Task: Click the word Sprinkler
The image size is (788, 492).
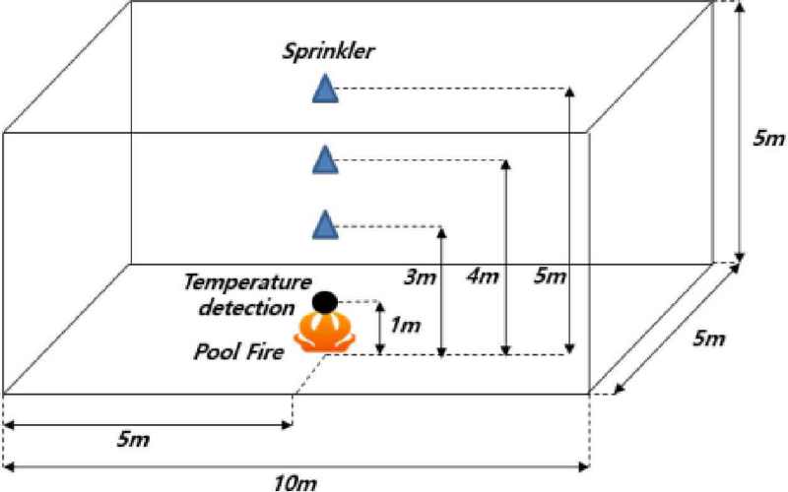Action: pyautogui.click(x=328, y=52)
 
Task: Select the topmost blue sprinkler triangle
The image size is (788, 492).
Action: pyautogui.click(x=325, y=89)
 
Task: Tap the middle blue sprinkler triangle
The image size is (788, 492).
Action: pyautogui.click(x=325, y=160)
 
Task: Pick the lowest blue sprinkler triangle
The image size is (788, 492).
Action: pyautogui.click(x=325, y=224)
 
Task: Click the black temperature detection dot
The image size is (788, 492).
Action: pyautogui.click(x=325, y=302)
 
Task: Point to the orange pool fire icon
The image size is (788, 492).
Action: pyautogui.click(x=325, y=333)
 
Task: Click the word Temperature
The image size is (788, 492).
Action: pyautogui.click(x=247, y=282)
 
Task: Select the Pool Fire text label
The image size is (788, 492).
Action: pyautogui.click(x=238, y=351)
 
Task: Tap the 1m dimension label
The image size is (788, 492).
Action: pyautogui.click(x=405, y=327)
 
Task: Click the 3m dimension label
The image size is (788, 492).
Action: pyautogui.click(x=421, y=277)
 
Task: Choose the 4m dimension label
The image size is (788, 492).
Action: pyautogui.click(x=483, y=277)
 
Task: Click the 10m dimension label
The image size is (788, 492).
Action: pyautogui.click(x=295, y=483)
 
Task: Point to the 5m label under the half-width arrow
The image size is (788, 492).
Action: pyautogui.click(x=133, y=440)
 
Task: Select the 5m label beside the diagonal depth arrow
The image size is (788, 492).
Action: pyautogui.click(x=709, y=338)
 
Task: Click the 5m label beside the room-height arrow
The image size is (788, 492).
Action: pyautogui.click(x=768, y=138)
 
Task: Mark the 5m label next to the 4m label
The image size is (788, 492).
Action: pyautogui.click(x=550, y=277)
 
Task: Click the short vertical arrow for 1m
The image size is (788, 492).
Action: pyautogui.click(x=380, y=329)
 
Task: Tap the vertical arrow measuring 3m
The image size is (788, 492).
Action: pyautogui.click(x=441, y=291)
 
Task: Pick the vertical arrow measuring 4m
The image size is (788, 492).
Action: pyautogui.click(x=506, y=258)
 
